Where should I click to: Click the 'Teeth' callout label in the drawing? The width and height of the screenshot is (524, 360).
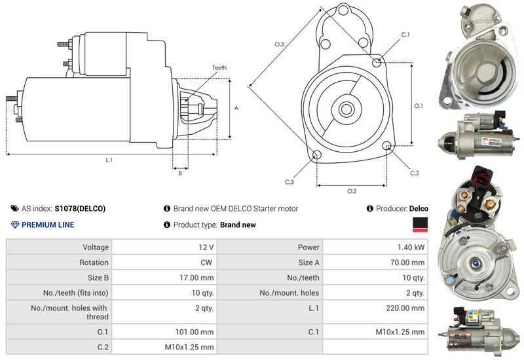219,67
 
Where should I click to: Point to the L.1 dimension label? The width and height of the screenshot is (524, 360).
109,160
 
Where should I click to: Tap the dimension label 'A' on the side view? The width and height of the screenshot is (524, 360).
236,109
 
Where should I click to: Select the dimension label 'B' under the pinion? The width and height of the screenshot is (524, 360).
179,173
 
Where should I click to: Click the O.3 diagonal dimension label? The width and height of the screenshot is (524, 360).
279,44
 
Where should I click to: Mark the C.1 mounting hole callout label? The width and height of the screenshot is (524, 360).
405,34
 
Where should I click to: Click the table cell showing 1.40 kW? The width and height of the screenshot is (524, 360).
411,247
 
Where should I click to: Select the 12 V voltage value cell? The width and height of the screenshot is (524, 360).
206,247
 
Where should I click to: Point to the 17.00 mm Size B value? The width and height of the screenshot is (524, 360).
197,278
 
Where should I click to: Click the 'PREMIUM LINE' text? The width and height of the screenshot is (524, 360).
48,225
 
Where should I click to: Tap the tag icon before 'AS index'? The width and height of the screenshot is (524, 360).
15,209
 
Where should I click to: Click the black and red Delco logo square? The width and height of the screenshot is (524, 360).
420,225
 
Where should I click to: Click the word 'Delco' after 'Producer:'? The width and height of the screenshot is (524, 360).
419,209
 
